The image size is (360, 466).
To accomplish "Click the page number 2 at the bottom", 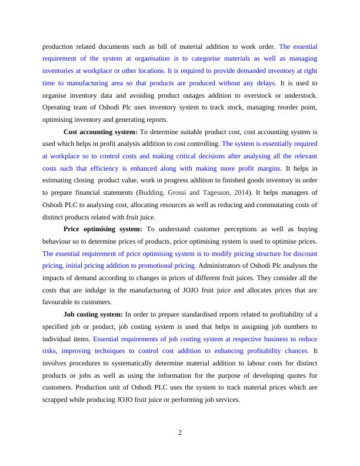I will coord(180,433).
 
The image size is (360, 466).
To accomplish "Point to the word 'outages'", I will coord(191,95).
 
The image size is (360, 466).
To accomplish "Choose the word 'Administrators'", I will coord(223,265).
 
